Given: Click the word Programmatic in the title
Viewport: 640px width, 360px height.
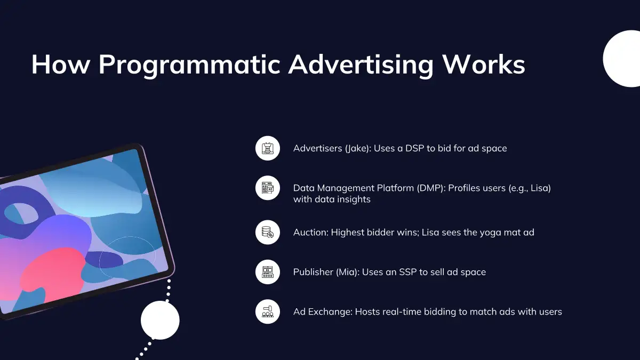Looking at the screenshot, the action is [189, 65].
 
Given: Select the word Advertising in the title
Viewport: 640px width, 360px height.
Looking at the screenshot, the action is [361, 65].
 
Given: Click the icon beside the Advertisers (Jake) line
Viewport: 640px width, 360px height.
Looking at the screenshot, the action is [267, 148].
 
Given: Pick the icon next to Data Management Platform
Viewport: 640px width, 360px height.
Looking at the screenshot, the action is [267, 188].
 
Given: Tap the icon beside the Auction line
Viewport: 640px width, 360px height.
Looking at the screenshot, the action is [267, 233].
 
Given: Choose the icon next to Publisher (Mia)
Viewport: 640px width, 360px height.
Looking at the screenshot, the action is [267, 272].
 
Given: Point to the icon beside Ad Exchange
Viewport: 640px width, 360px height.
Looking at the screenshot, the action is [267, 311].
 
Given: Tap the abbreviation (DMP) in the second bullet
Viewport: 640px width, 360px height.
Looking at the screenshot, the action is [431, 188].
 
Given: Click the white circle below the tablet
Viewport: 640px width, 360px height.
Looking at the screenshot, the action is [160, 321].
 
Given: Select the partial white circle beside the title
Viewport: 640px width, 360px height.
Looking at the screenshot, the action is [622, 59].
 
